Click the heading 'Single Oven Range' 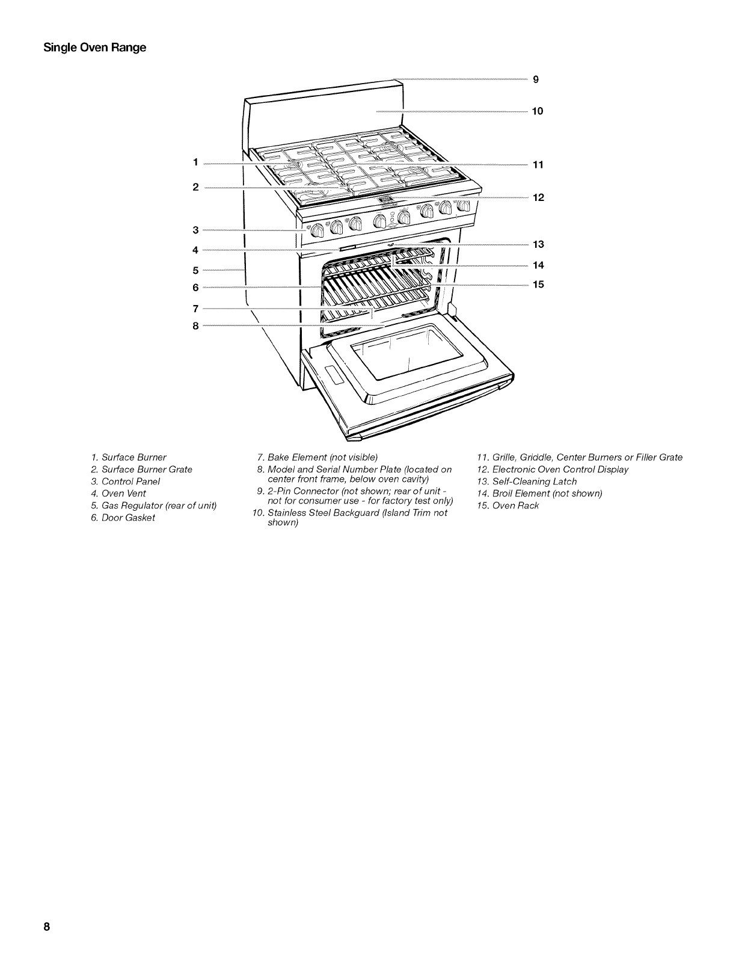click(x=95, y=48)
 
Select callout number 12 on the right click(x=538, y=197)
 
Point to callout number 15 click(x=538, y=285)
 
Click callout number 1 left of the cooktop click(x=195, y=162)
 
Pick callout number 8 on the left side click(x=195, y=326)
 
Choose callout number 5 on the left click(x=195, y=270)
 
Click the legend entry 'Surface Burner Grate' click(x=141, y=469)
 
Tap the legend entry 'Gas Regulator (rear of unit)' click(x=153, y=505)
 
